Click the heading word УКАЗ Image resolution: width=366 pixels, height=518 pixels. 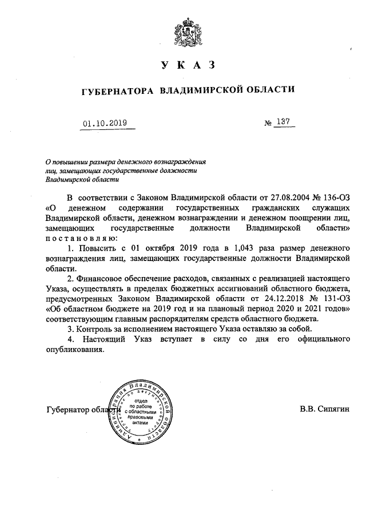pyautogui.click(x=188, y=65)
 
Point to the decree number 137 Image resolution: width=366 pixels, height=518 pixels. pyautogui.click(x=283, y=122)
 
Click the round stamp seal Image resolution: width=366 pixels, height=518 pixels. pyautogui.click(x=141, y=411)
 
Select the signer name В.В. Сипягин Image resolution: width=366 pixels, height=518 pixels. pyautogui.click(x=324, y=410)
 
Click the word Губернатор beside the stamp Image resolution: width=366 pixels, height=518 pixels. pyautogui.click(x=68, y=410)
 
